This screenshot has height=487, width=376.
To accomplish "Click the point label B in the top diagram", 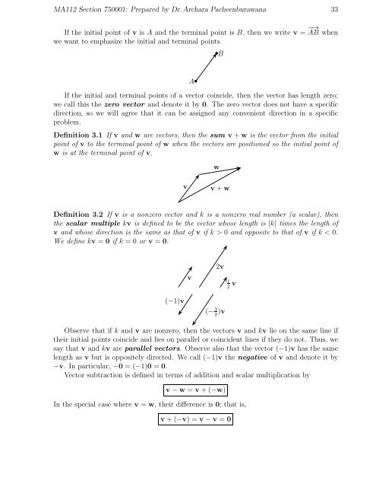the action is point(220,54).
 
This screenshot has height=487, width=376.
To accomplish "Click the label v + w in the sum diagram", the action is point(220,189).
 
